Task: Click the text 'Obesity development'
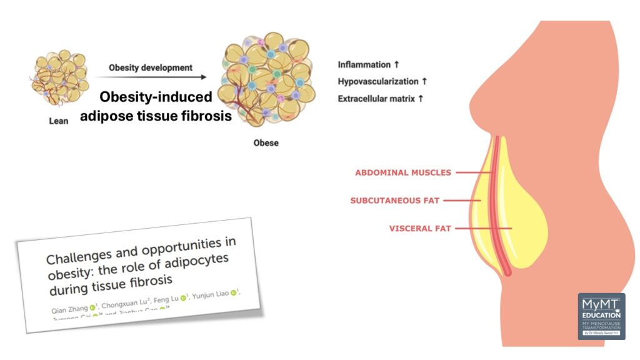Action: (x=151, y=67)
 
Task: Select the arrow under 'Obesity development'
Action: (x=151, y=77)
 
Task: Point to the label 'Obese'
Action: (x=266, y=142)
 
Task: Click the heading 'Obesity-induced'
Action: (x=157, y=97)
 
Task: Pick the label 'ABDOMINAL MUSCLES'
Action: (x=403, y=172)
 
